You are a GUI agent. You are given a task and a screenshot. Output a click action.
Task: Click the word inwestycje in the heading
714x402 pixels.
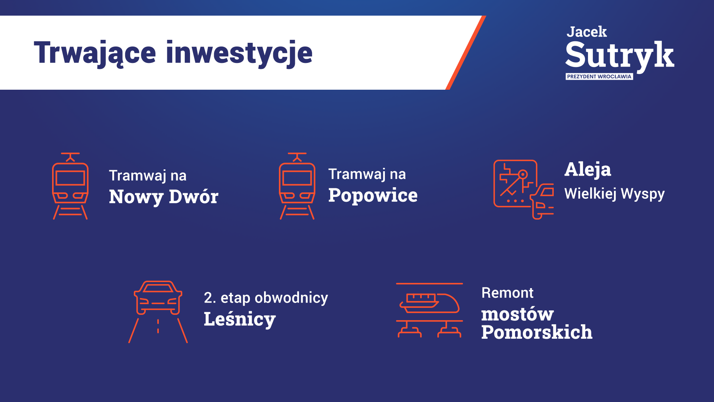click(239, 53)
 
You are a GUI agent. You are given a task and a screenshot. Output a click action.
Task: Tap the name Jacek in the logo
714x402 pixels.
click(586, 32)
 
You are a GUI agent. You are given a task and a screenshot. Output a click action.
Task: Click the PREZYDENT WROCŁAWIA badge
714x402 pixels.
click(599, 76)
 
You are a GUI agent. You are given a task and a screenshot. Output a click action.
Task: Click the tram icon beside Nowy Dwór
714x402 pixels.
click(70, 186)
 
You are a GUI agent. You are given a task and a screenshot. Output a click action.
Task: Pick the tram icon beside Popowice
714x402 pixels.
click(297, 186)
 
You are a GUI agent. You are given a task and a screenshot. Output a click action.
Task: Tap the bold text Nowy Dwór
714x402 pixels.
click(164, 197)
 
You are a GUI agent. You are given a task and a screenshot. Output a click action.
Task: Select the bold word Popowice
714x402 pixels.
click(373, 195)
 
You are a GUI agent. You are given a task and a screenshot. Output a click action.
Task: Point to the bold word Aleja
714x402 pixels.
click(588, 170)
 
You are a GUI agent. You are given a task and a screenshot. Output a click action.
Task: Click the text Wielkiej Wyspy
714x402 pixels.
click(614, 194)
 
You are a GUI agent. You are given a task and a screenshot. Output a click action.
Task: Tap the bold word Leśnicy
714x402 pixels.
click(240, 319)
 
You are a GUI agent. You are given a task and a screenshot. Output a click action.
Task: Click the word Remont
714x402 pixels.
click(508, 293)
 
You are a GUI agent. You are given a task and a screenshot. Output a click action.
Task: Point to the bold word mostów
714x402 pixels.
click(517, 314)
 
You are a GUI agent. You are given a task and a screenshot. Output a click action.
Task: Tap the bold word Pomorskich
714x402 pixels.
click(537, 332)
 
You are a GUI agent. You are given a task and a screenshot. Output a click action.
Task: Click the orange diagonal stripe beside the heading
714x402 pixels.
click(466, 52)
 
